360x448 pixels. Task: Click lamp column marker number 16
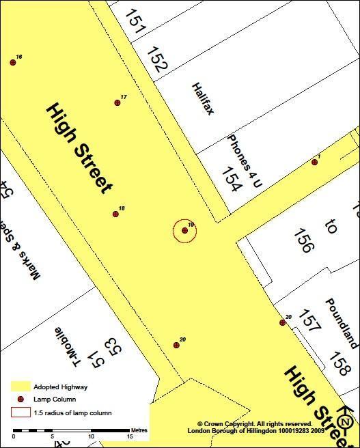click(x=13, y=62)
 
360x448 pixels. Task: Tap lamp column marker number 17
click(x=117, y=102)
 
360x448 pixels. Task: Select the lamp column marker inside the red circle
click(x=185, y=231)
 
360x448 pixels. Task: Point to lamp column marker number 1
click(x=315, y=162)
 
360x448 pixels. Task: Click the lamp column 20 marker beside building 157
click(x=282, y=322)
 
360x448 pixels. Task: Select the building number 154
click(x=232, y=179)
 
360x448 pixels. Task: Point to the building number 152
click(x=157, y=59)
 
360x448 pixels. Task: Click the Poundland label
click(x=341, y=323)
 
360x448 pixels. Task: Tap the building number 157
click(x=309, y=321)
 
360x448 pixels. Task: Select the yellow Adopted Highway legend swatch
click(x=21, y=387)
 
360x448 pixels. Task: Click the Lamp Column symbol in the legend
click(x=21, y=400)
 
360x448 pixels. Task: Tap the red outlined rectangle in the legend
click(x=21, y=412)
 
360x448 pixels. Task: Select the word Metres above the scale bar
click(x=139, y=430)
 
